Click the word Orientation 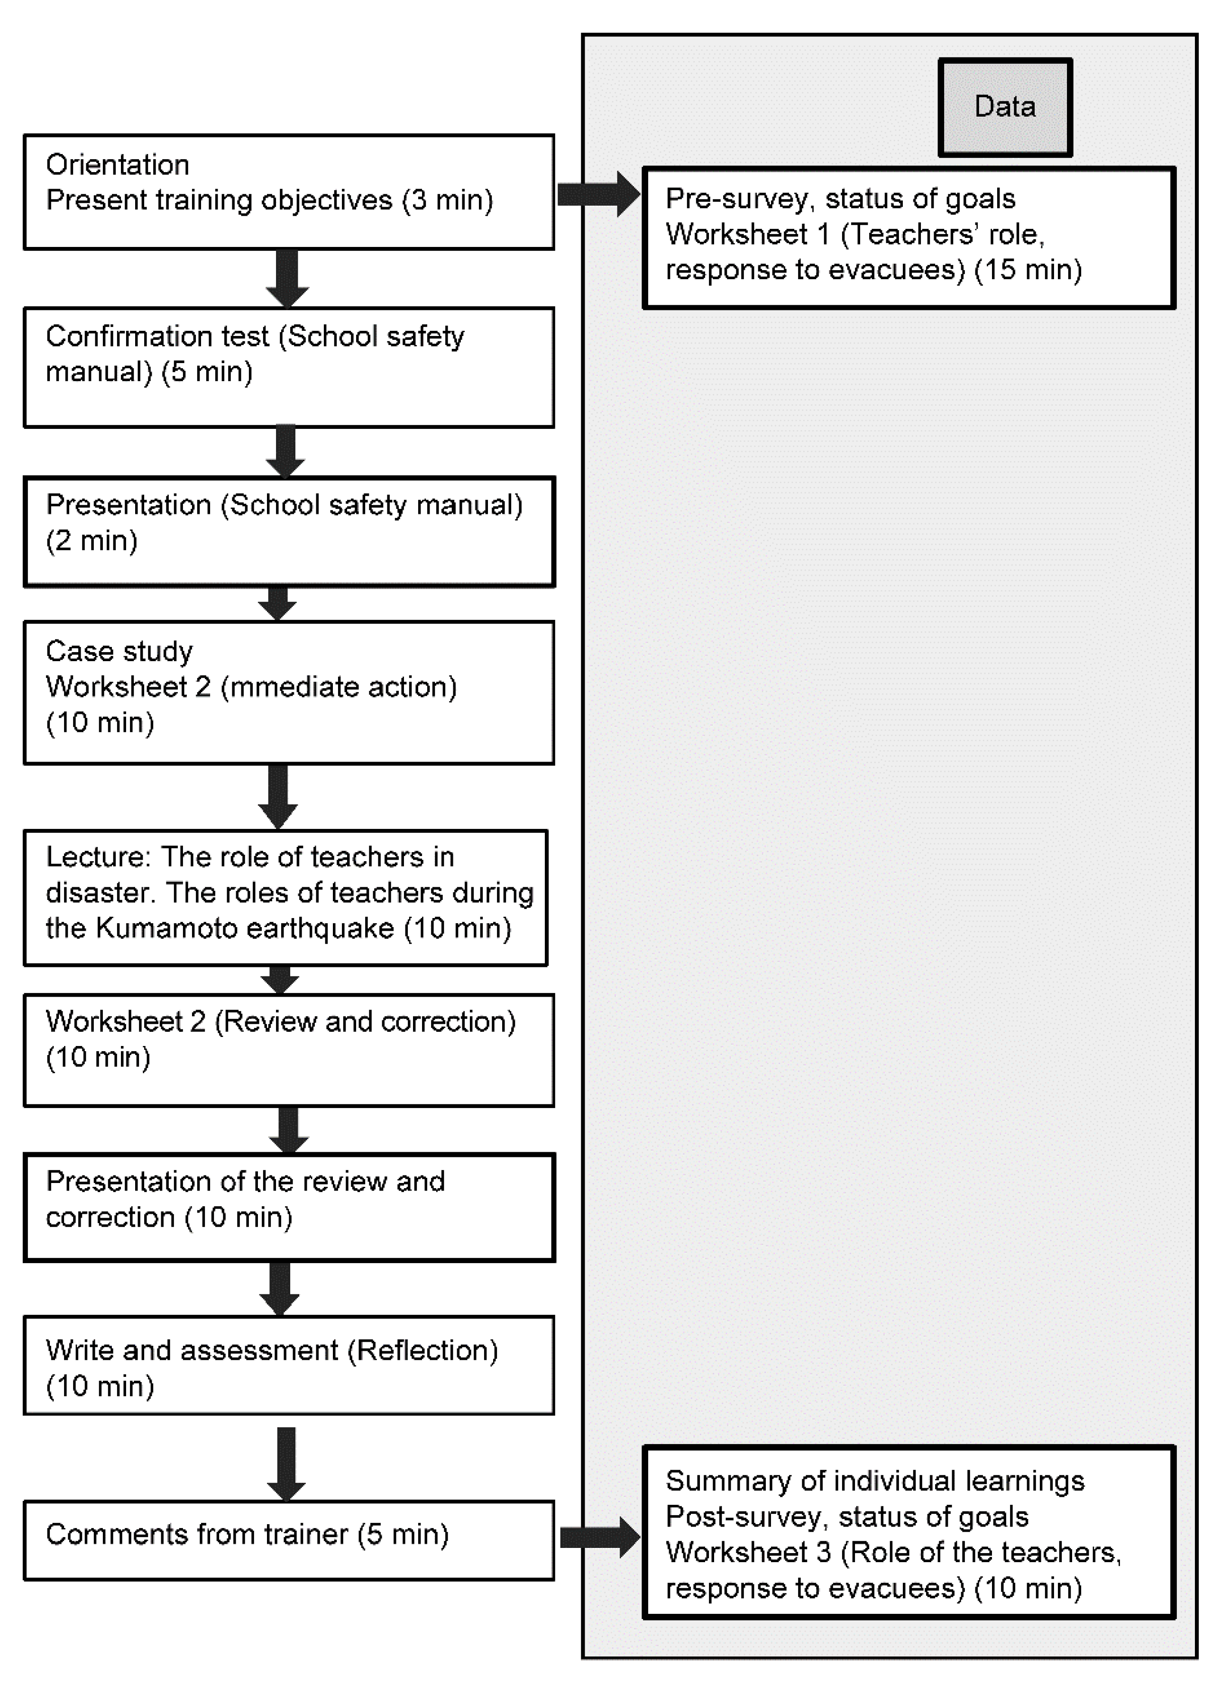click(x=117, y=165)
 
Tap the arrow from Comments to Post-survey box click(x=599, y=1537)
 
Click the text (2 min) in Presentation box click(x=92, y=541)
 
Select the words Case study click(x=119, y=652)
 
